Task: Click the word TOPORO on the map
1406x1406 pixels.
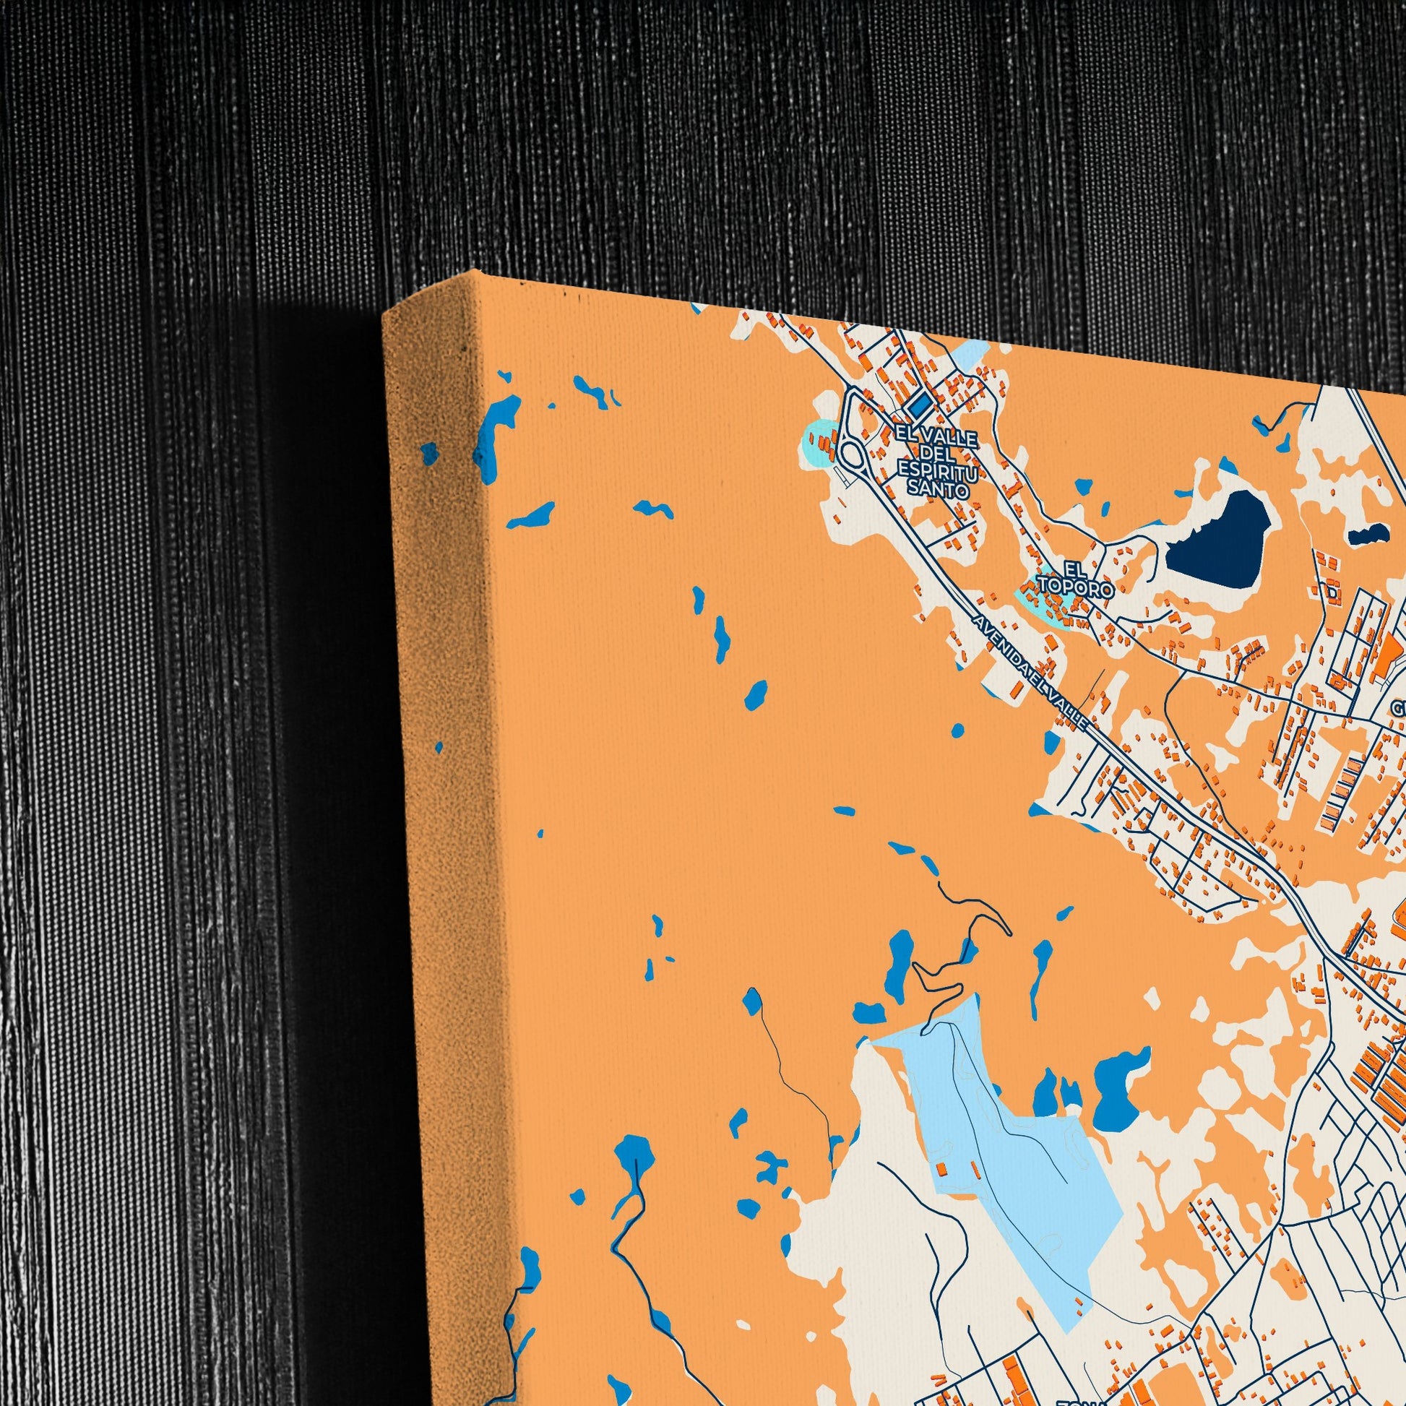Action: click(1077, 588)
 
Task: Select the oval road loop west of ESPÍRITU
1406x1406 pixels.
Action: click(850, 457)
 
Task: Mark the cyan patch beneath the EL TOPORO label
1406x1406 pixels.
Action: click(1033, 603)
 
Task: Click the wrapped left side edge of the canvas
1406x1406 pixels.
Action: click(436, 728)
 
